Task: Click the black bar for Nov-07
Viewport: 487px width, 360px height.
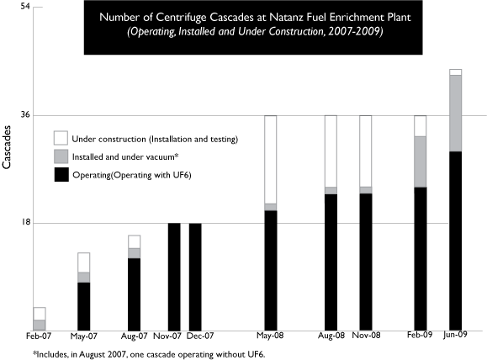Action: point(174,277)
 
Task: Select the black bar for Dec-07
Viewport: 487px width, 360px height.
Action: point(195,277)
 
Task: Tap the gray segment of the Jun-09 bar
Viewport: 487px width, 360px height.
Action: point(456,114)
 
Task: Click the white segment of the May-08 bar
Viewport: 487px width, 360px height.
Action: point(271,160)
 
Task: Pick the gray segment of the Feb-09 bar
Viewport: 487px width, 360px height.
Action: point(421,161)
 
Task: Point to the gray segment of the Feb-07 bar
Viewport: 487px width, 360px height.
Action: point(40,326)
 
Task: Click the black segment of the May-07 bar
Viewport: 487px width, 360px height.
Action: point(84,306)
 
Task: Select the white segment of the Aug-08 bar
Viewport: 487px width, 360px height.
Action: point(331,151)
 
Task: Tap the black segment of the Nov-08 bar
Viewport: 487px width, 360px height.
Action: point(366,262)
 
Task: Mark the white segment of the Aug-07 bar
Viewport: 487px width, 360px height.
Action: point(135,242)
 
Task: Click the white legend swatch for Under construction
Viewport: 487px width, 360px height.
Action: point(61,138)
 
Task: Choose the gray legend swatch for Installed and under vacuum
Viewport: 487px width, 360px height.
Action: point(61,156)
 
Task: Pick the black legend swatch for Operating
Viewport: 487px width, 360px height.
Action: point(61,175)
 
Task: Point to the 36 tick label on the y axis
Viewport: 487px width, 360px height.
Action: point(26,115)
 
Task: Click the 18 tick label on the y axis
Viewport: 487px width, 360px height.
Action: point(26,222)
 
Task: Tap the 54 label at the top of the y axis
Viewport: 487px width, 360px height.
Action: point(25,6)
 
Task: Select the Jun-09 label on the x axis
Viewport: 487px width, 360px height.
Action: point(455,334)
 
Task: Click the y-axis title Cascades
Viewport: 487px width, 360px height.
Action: point(7,147)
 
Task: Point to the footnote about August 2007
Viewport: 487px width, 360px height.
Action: point(150,354)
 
